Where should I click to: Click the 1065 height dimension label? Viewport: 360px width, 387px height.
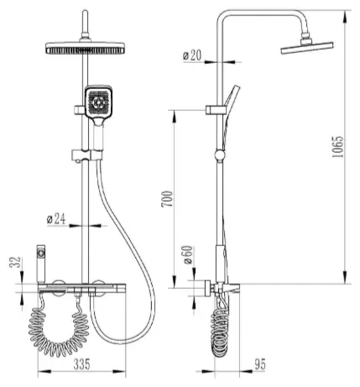tap(337, 147)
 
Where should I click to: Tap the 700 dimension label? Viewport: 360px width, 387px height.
tap(167, 199)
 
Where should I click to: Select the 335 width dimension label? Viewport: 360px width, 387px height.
tap(82, 364)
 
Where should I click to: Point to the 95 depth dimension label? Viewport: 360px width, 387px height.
tap(260, 364)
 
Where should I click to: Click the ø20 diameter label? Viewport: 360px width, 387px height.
tap(192, 55)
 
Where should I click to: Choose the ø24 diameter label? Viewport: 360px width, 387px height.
tap(56, 218)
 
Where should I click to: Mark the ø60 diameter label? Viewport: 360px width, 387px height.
tap(187, 254)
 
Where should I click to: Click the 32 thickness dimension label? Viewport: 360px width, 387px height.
tap(15, 262)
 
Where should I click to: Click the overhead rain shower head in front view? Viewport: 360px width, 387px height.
tap(85, 48)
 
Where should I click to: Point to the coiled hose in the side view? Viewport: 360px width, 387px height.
tap(220, 332)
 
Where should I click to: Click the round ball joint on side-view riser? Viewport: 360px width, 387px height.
tap(219, 155)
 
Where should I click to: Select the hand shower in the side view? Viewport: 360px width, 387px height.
tap(229, 115)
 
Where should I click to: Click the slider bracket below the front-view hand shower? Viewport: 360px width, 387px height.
tap(87, 155)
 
